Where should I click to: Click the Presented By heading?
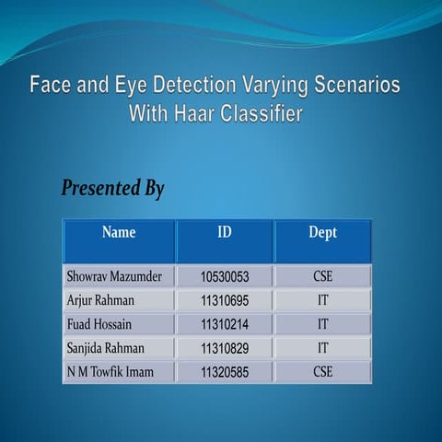pos(112,189)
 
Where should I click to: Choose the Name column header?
pos(119,233)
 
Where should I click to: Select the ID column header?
pos(225,233)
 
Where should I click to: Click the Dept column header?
pos(322,233)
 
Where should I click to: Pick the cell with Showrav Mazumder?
pos(114,275)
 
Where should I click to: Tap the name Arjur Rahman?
pos(101,300)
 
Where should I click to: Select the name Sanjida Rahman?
pos(106,348)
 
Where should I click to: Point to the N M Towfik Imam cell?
pos(110,372)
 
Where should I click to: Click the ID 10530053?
pos(225,276)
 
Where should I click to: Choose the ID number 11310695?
pos(225,300)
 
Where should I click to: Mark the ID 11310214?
pos(225,324)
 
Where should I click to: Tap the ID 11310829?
pos(225,348)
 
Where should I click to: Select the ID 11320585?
pos(225,372)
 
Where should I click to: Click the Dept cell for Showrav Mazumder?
pos(322,275)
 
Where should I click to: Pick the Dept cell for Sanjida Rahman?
pos(322,348)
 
